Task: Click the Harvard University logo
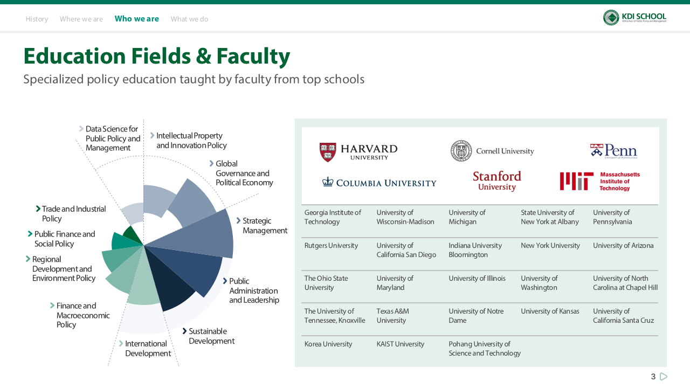tap(358, 152)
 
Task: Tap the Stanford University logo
tap(497, 181)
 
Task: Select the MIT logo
tap(600, 181)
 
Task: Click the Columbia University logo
tap(379, 183)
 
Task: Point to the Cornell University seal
tap(461, 151)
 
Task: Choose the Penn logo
tap(613, 151)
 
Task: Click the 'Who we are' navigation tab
tap(137, 19)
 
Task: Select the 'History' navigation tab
tap(37, 19)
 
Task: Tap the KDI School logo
tap(634, 18)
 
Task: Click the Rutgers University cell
tap(331, 245)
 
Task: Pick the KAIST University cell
tap(400, 344)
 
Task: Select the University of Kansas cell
tap(550, 311)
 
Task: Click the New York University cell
tap(550, 245)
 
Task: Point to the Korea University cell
tap(328, 344)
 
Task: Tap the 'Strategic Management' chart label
tap(265, 226)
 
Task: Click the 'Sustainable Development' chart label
tap(208, 336)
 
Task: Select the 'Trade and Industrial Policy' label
tap(71, 214)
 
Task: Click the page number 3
tap(653, 376)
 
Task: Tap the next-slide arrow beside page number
tap(664, 376)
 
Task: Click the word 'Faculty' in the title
tap(253, 57)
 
